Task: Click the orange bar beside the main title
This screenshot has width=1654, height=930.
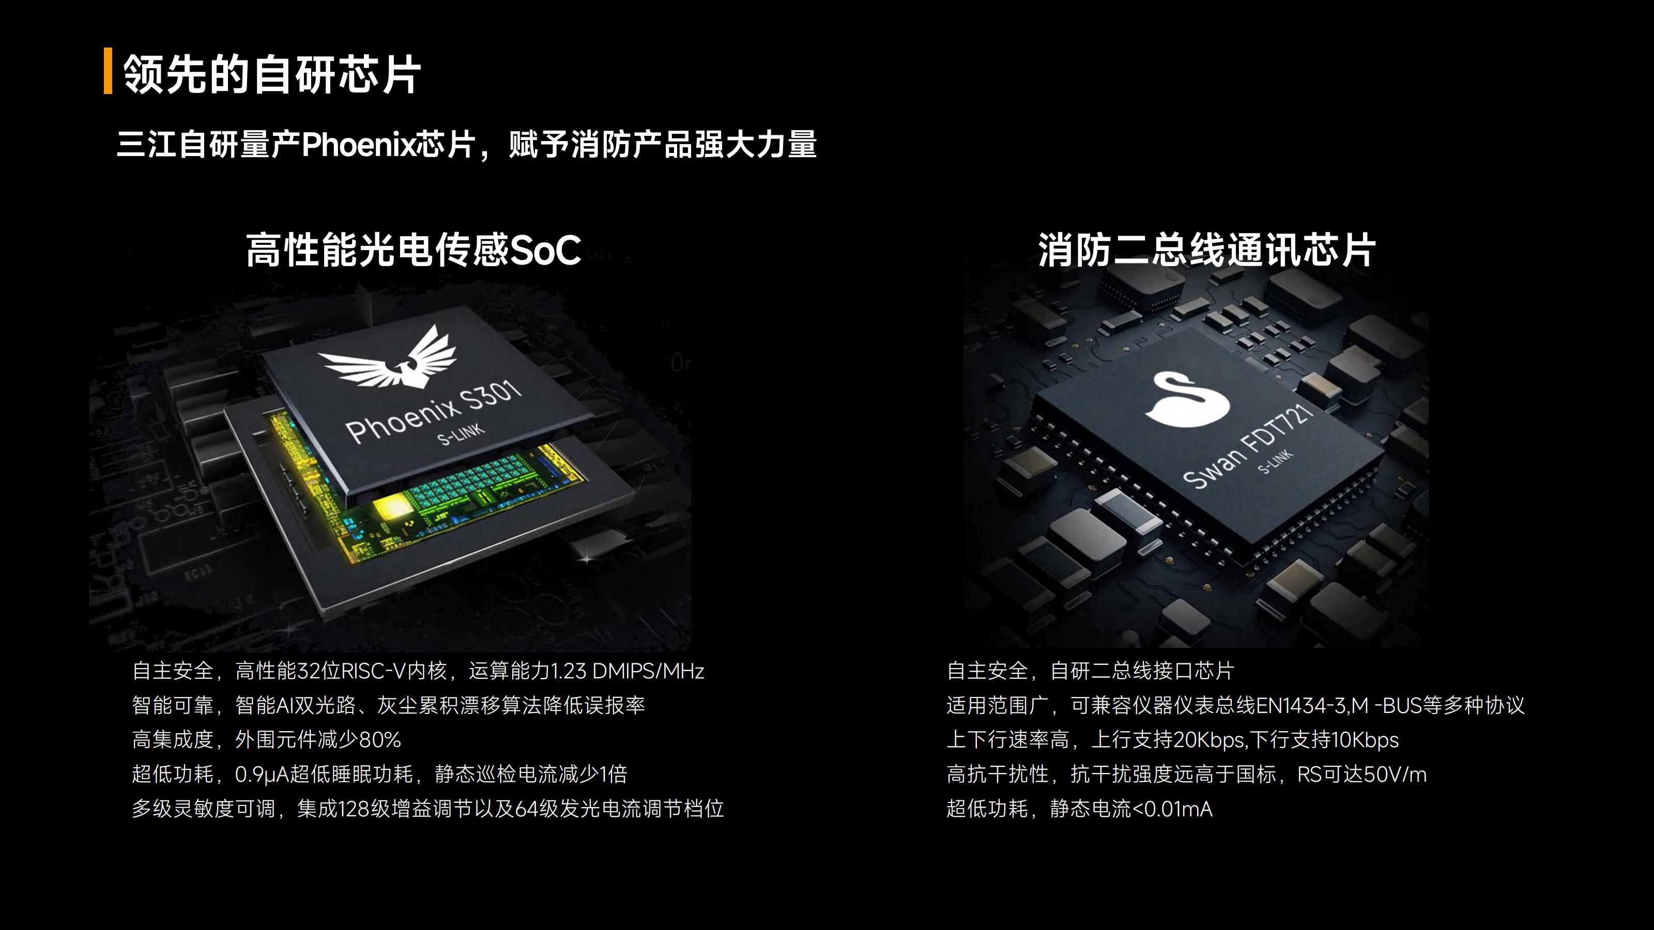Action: pyautogui.click(x=108, y=71)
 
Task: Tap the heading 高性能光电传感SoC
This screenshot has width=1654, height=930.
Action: pyautogui.click(x=413, y=250)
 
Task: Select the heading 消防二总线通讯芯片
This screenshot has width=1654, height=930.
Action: pyautogui.click(x=1206, y=250)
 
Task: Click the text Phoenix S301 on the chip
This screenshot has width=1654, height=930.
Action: pyautogui.click(x=434, y=411)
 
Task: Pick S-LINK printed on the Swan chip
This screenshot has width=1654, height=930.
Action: pyautogui.click(x=1275, y=461)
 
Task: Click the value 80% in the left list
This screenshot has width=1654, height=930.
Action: pyautogui.click(x=380, y=740)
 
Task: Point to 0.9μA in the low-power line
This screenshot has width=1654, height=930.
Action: pyautogui.click(x=262, y=774)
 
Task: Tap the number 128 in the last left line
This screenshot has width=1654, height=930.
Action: pyautogui.click(x=354, y=809)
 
